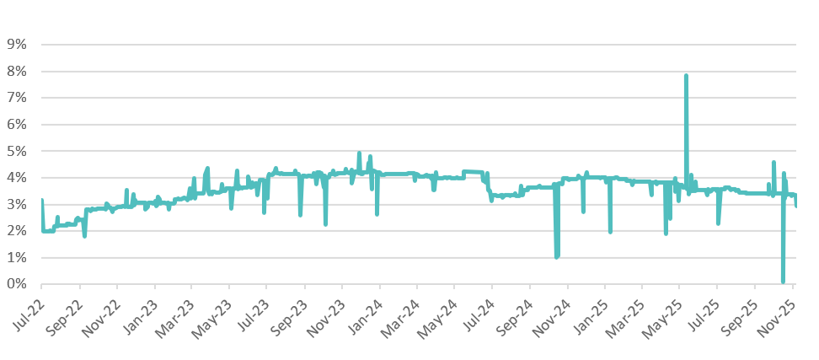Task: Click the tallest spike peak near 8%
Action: tap(686, 75)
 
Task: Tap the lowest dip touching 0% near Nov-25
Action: tap(783, 282)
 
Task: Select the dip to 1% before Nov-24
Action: tap(556, 257)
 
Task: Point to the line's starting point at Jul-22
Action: tap(41, 201)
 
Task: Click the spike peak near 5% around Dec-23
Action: tap(359, 153)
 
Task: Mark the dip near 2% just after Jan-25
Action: tap(610, 232)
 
